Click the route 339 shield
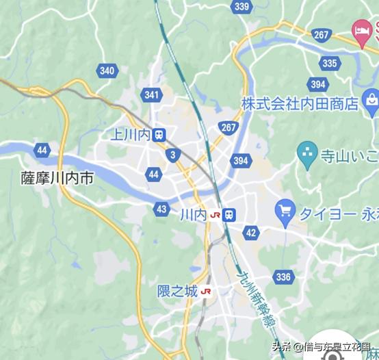point(241,7)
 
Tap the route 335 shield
point(330,63)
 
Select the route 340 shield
point(107,70)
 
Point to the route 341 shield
point(152,95)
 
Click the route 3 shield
point(173,155)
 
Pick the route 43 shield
point(161,209)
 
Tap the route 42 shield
point(251,233)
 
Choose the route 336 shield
point(283,277)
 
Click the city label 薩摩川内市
point(57,178)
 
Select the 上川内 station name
point(134,134)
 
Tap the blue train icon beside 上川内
point(159,134)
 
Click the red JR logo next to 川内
point(215,214)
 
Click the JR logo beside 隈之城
point(206,292)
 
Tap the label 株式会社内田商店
point(300,104)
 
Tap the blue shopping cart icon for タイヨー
point(285,209)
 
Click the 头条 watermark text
point(282,347)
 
